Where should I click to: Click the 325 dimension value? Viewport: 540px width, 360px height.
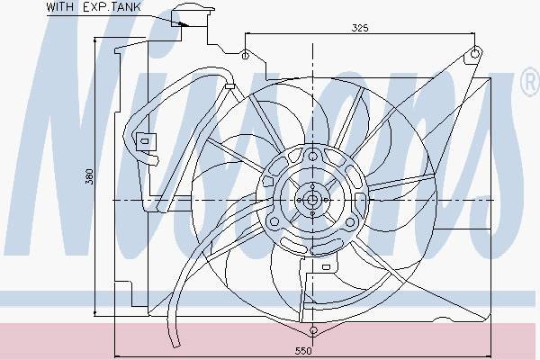click(360, 28)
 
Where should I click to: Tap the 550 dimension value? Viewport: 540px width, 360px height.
click(303, 351)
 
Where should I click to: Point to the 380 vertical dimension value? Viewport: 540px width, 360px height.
click(89, 176)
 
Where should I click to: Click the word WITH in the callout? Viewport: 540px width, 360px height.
click(59, 7)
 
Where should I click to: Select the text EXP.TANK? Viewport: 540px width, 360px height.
click(112, 7)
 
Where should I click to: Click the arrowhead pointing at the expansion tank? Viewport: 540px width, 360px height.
click(183, 23)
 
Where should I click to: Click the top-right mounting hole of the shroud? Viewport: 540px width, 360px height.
click(474, 53)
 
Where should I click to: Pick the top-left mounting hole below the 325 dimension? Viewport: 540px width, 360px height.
click(245, 55)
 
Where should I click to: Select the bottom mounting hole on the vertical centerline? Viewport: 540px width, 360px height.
click(313, 330)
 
